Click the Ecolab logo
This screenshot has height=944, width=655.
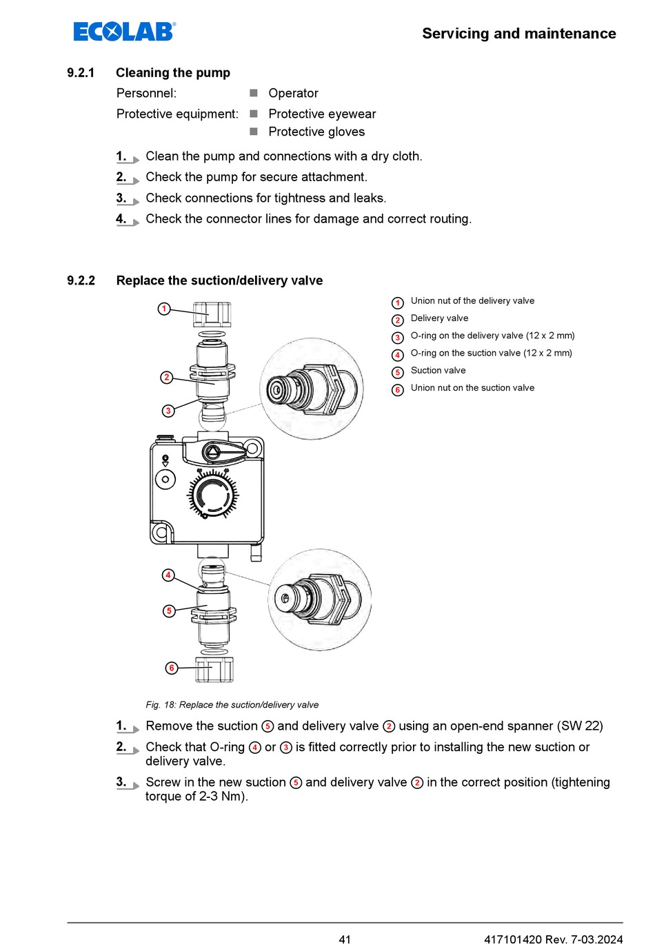pos(124,32)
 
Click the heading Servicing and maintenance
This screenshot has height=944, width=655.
pos(518,34)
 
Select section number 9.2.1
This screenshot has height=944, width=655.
pos(81,73)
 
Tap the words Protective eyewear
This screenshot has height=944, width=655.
pos(322,114)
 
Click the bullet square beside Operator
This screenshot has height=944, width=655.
pos(254,93)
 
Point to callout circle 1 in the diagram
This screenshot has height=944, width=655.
pos(164,309)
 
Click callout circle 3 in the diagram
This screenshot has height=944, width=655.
pos(168,411)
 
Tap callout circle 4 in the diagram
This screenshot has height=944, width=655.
pos(168,575)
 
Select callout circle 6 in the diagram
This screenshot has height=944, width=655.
pos(172,668)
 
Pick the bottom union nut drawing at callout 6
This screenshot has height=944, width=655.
pos(214,669)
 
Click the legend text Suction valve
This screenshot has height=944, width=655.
pos(438,371)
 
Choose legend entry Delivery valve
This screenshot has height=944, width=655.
pos(439,318)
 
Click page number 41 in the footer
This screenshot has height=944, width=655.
pos(345,938)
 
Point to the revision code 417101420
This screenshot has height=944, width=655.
pos(512,938)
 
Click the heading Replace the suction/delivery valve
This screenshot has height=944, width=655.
pos(219,280)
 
